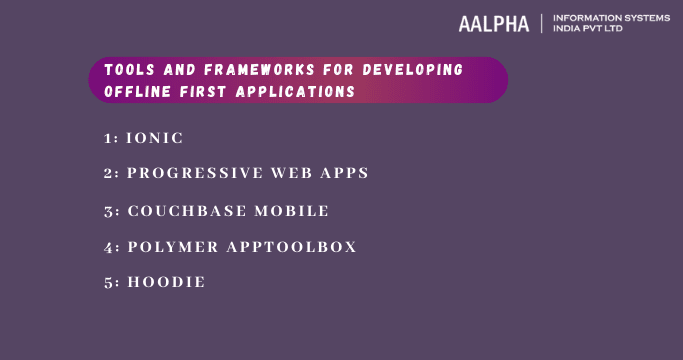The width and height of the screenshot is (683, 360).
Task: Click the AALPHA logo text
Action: (x=494, y=24)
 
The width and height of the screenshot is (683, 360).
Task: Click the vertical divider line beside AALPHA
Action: (x=540, y=23)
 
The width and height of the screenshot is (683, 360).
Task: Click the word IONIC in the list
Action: (x=155, y=137)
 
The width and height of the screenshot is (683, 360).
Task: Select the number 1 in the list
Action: (x=107, y=137)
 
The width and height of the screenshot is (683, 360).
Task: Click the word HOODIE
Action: (x=166, y=282)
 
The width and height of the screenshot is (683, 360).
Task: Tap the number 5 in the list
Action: (x=108, y=282)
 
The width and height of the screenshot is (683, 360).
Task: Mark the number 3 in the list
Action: (x=108, y=210)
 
